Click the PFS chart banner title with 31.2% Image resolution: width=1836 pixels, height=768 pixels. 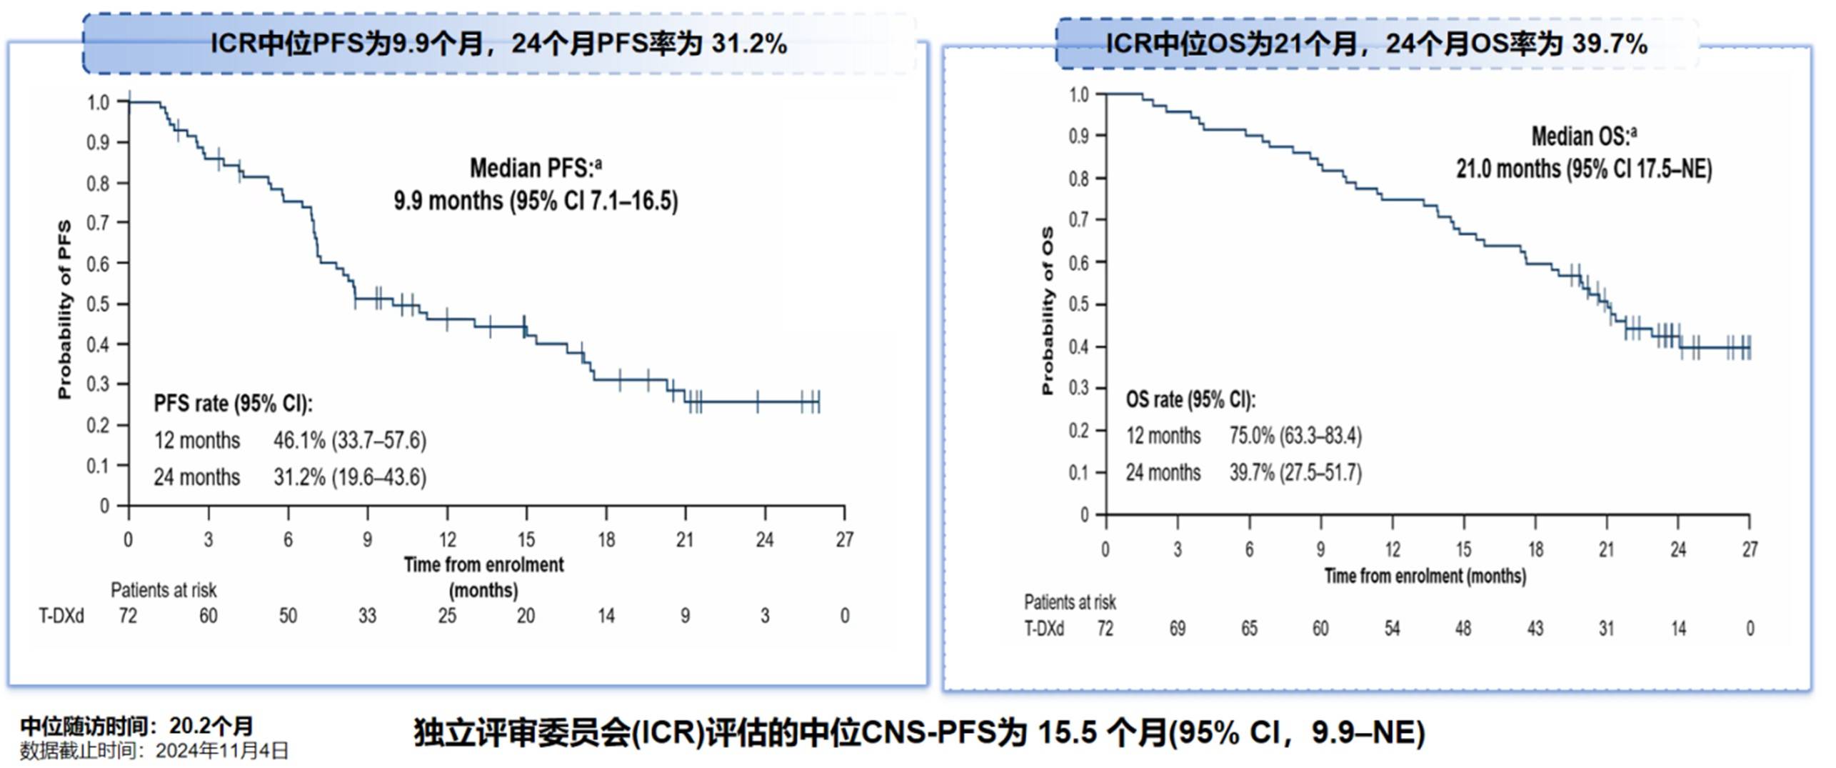(498, 44)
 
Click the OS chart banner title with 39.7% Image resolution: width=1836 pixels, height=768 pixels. (1376, 44)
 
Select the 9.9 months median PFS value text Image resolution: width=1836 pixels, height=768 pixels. (536, 201)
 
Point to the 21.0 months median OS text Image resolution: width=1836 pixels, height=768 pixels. (1584, 169)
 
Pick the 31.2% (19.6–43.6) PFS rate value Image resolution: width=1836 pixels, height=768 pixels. (349, 477)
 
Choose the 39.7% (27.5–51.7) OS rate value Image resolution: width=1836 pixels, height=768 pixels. (1295, 472)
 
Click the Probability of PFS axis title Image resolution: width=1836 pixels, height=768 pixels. (65, 309)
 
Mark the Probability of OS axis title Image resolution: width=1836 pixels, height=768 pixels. (1048, 311)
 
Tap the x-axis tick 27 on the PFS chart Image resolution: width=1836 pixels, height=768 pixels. (844, 539)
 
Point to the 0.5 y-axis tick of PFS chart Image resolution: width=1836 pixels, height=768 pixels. (98, 304)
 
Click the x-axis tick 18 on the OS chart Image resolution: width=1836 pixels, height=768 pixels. (1535, 549)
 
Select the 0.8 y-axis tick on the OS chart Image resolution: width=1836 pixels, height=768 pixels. (1078, 179)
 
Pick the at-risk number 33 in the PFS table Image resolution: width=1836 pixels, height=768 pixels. (367, 616)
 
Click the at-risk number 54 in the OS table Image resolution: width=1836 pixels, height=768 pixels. (1392, 629)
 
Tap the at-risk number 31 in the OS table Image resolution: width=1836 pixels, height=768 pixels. (1606, 629)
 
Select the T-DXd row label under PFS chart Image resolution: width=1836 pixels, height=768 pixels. (61, 616)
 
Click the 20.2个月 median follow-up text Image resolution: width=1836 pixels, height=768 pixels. (211, 727)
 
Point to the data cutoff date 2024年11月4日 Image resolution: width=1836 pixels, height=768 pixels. (222, 751)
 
